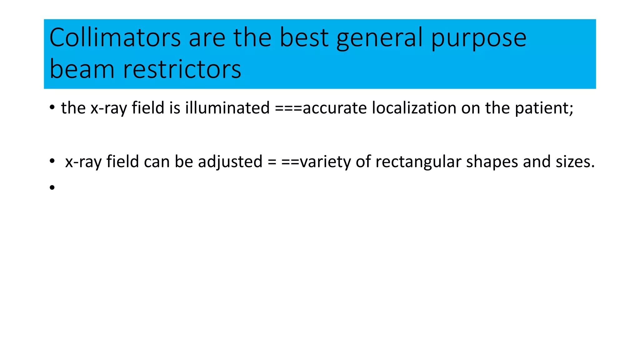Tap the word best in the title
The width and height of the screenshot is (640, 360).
(x=304, y=37)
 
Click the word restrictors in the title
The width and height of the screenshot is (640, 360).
(x=182, y=69)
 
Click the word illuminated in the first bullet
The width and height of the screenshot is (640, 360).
(x=227, y=108)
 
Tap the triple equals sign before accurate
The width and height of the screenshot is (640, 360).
(x=288, y=108)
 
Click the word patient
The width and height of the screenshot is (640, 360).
(x=544, y=108)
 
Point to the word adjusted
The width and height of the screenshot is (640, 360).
(x=230, y=162)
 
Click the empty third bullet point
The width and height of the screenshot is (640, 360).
(x=52, y=187)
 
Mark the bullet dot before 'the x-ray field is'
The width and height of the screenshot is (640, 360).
(x=52, y=108)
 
